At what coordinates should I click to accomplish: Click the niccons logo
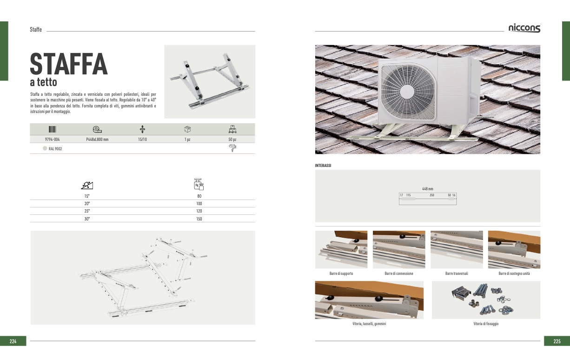[525, 28]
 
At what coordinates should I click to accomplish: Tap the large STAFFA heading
[69, 64]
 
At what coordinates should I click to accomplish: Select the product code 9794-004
[52, 139]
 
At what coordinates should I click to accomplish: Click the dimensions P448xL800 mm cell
[97, 139]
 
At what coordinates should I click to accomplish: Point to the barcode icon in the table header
[53, 129]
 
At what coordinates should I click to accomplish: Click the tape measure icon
[97, 129]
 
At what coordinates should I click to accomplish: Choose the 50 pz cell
[232, 139]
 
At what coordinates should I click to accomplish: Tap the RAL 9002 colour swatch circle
[45, 148]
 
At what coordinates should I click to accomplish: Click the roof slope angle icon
[87, 185]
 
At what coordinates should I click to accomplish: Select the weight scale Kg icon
[199, 184]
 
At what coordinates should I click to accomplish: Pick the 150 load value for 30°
[199, 219]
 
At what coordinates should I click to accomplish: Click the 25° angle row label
[87, 211]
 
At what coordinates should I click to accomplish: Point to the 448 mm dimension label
[428, 189]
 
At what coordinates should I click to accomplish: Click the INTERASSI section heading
[323, 166]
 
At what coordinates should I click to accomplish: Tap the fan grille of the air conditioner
[408, 92]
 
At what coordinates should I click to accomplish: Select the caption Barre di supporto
[341, 273]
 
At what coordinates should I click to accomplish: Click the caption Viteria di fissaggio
[486, 324]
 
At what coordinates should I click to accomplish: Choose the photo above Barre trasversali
[457, 249]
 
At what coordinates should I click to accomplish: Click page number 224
[13, 341]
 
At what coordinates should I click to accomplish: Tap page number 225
[557, 341]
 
